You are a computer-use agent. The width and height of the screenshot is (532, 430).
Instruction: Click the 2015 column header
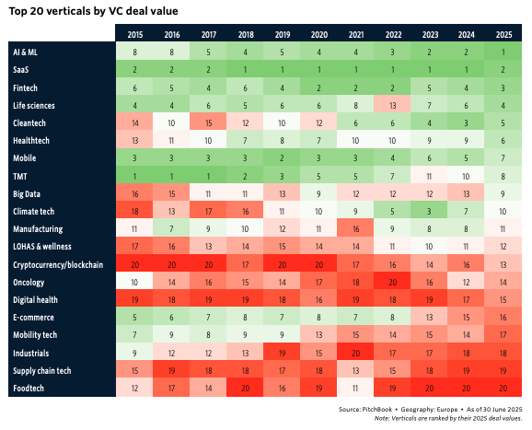[x=135, y=35]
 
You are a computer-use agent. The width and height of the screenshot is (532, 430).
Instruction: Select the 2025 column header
[x=503, y=35]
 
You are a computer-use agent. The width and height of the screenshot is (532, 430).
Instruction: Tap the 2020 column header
[x=319, y=35]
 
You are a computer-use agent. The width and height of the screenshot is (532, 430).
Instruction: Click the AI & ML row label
[x=26, y=52]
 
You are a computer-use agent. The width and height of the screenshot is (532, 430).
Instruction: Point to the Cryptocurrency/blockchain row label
[x=58, y=264]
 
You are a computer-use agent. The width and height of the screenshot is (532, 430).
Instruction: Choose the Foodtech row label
[x=29, y=388]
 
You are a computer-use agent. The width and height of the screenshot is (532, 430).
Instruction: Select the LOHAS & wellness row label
[x=42, y=247]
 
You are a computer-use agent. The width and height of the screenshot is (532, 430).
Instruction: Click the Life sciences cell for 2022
[x=392, y=106]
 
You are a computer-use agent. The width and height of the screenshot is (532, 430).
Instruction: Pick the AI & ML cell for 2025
[x=503, y=52]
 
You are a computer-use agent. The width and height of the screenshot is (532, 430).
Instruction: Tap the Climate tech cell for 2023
[x=429, y=212]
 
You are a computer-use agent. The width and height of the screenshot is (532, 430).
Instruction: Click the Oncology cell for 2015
[x=134, y=283]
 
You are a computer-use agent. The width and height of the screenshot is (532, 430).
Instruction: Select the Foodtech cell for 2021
[x=355, y=388]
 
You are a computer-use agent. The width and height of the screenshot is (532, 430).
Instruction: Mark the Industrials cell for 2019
[x=282, y=353]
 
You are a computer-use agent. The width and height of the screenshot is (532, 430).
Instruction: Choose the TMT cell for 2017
[x=208, y=176]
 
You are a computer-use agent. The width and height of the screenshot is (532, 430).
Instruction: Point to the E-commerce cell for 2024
[x=466, y=318]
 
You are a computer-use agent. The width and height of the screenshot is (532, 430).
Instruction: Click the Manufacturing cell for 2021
[x=355, y=229]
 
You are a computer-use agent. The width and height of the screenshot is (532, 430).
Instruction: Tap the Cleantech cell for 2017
[x=208, y=122]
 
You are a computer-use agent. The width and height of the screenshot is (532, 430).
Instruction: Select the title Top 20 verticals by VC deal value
[x=93, y=11]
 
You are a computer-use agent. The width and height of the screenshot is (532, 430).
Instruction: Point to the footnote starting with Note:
[x=448, y=418]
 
